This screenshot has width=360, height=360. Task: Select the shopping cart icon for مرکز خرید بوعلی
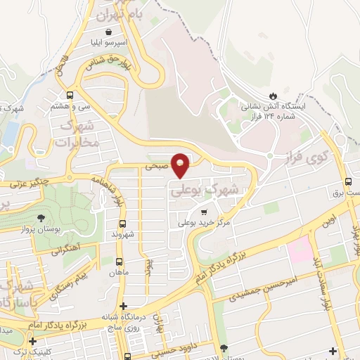[204, 212]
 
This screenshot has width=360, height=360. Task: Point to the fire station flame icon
[272, 96]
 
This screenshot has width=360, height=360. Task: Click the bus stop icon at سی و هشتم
[70, 95]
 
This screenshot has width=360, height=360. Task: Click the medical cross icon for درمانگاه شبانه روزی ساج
[124, 307]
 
